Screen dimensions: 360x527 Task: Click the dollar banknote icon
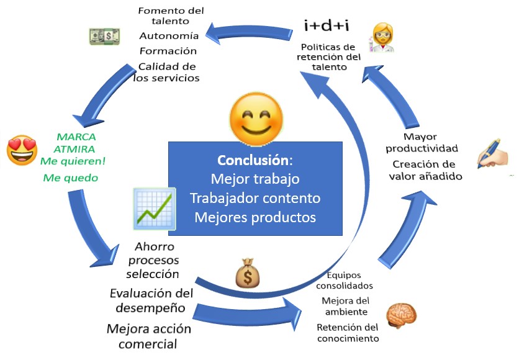pyautogui.click(x=104, y=36)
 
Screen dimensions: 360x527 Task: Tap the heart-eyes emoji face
pyautogui.click(x=22, y=151)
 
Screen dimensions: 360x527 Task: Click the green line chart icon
pyautogui.click(x=154, y=209)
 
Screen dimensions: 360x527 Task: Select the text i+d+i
pyautogui.click(x=325, y=25)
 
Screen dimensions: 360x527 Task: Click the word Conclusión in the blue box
pyautogui.click(x=252, y=160)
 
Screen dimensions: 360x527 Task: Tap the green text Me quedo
pyautogui.click(x=71, y=178)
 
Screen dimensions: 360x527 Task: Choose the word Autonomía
pyautogui.click(x=169, y=35)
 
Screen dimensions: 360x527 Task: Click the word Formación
pyautogui.click(x=168, y=51)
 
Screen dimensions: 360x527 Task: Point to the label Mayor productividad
pyautogui.click(x=421, y=143)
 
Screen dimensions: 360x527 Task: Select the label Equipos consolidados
pyautogui.click(x=345, y=281)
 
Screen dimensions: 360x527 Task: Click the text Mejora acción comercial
pyautogui.click(x=149, y=336)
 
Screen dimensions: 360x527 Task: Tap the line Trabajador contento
pyautogui.click(x=255, y=198)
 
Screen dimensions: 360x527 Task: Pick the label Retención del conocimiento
pyautogui.click(x=348, y=333)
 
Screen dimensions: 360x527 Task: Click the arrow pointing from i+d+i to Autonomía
pyautogui.click(x=248, y=30)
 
